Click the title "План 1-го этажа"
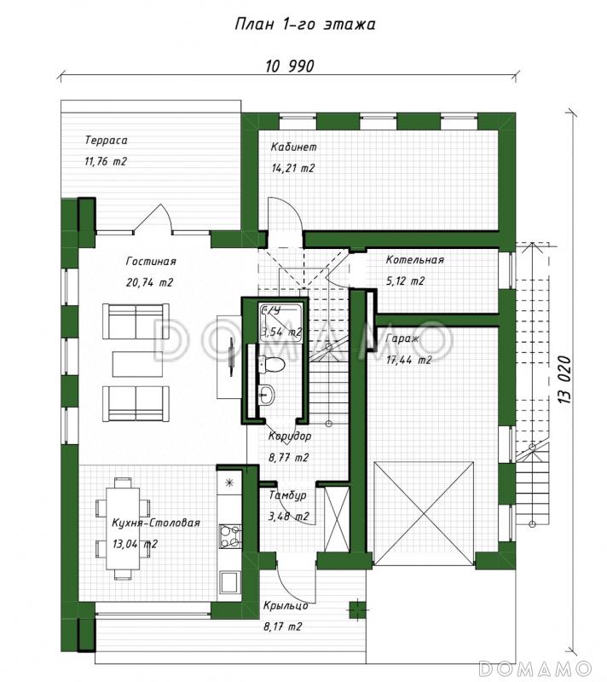point(305,24)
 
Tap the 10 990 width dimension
point(290,66)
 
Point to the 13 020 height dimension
point(564,379)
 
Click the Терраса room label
point(106,141)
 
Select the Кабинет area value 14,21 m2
point(292,168)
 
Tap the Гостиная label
point(151,262)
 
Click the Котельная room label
point(415,260)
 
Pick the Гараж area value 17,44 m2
point(408,360)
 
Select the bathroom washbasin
point(266,395)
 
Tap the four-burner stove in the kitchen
point(230,536)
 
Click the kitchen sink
point(229,581)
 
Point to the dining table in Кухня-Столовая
point(124,529)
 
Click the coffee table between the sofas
point(137,364)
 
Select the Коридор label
point(290,436)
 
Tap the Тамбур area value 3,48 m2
point(289,517)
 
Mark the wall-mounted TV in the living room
point(231,355)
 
